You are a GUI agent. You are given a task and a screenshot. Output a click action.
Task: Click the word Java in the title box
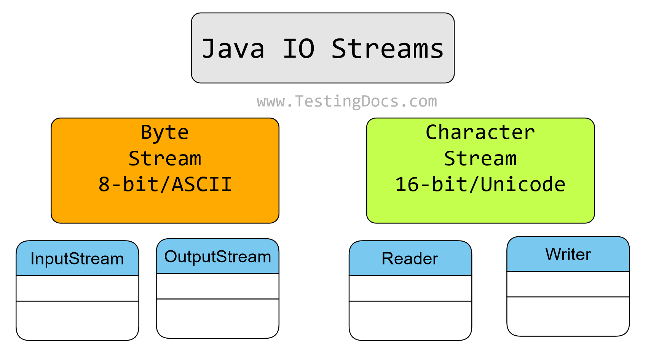pyautogui.click(x=233, y=49)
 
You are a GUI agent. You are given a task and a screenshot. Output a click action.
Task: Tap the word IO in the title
pyautogui.click(x=298, y=49)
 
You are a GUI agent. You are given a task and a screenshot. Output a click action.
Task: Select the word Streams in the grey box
pyautogui.click(x=387, y=49)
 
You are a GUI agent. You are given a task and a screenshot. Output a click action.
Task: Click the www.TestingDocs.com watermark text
pyautogui.click(x=347, y=101)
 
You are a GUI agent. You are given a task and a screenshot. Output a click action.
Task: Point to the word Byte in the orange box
pyautogui.click(x=165, y=133)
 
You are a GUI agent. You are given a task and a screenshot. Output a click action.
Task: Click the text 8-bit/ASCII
pyautogui.click(x=165, y=185)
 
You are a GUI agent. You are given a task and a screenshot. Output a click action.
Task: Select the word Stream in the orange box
pyautogui.click(x=165, y=159)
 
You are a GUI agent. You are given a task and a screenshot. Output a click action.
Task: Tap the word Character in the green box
pyautogui.click(x=480, y=133)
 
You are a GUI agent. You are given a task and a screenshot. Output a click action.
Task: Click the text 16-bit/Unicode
pyautogui.click(x=480, y=185)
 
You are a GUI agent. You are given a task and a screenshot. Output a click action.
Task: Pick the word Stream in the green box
pyautogui.click(x=480, y=159)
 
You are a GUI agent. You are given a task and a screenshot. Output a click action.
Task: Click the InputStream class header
pyautogui.click(x=77, y=259)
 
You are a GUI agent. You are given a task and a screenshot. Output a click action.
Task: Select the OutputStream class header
pyautogui.click(x=217, y=257)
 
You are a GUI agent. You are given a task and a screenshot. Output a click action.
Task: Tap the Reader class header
pyautogui.click(x=410, y=259)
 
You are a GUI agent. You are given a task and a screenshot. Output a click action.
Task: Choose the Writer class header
pyautogui.click(x=568, y=254)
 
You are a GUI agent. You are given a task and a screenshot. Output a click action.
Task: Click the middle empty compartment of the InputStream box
pyautogui.click(x=77, y=288)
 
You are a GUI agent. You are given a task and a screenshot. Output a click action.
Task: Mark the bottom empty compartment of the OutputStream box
pyautogui.click(x=217, y=318)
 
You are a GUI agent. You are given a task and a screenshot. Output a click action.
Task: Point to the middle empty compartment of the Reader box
pyautogui.click(x=410, y=288)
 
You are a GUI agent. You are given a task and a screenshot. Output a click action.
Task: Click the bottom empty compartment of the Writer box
pyautogui.click(x=568, y=316)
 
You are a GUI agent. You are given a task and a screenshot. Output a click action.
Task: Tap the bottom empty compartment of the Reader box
pyautogui.click(x=410, y=320)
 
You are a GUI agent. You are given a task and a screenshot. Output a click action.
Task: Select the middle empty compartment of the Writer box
pyautogui.click(x=568, y=284)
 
